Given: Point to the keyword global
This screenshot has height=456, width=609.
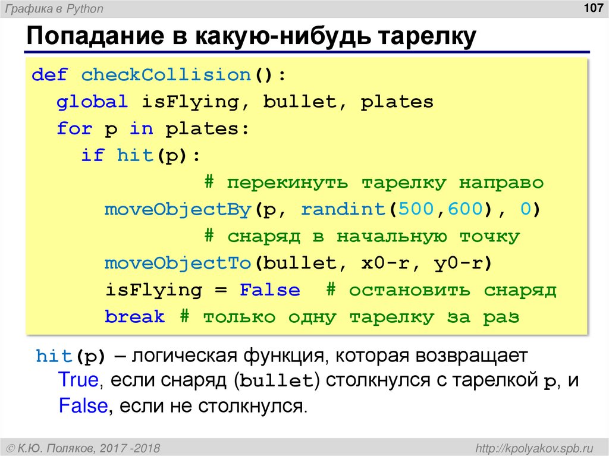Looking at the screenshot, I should pos(92,102).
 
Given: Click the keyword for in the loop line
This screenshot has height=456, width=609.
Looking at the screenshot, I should pos(74,128).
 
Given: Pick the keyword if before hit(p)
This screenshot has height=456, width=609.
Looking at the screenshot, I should pos(92,156).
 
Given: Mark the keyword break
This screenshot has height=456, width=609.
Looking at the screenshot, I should pos(134,317).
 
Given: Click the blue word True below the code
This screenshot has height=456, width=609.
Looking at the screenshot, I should pos(79,380).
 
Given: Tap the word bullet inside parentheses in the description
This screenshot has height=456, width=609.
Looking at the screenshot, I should pos(277,381).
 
